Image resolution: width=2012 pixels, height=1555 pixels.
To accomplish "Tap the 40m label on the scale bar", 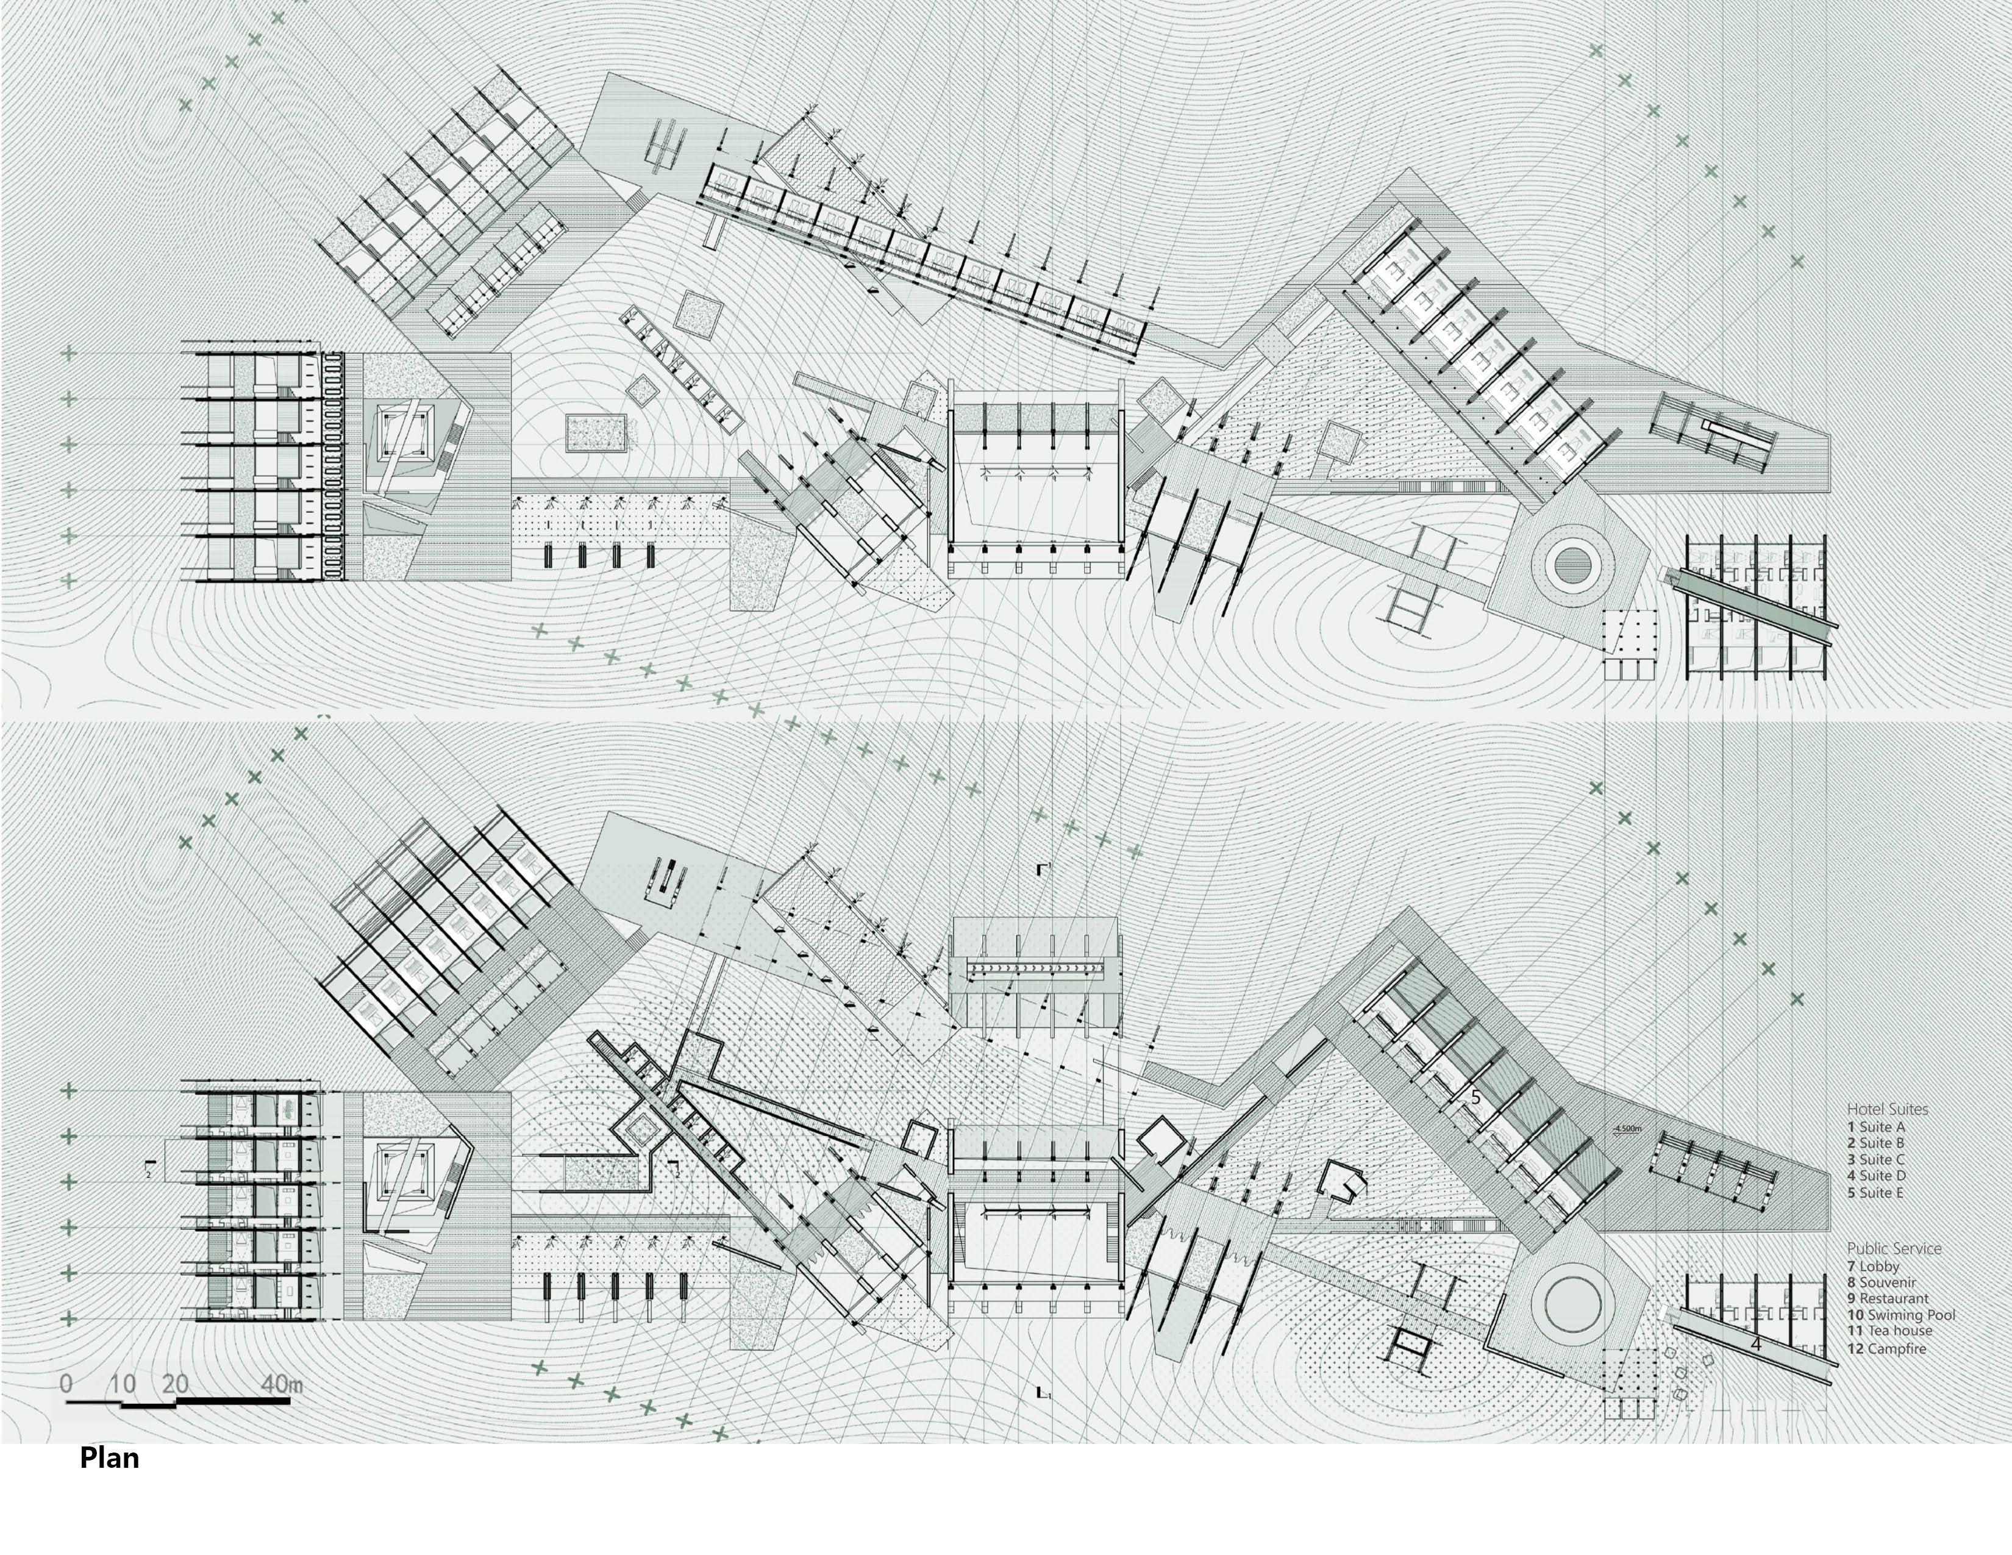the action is coord(281,1384).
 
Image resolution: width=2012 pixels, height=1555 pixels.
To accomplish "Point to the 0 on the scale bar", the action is coord(65,1384).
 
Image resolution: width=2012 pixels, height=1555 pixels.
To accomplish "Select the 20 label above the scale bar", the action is coord(174,1384).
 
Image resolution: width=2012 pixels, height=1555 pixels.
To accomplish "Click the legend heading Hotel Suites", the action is coord(1887,1109).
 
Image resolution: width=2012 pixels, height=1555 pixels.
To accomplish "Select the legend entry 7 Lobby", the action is coord(1873,1267).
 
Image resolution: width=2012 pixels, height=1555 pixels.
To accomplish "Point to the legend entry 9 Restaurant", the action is coord(1887,1299).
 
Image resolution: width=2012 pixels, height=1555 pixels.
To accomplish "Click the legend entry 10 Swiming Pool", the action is coord(1900,1315).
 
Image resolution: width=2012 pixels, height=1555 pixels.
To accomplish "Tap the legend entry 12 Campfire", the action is coord(1886,1349).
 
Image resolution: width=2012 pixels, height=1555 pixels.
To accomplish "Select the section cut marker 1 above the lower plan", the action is coord(1044,869).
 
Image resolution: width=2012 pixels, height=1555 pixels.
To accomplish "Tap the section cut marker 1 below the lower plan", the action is coord(1044,1393).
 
